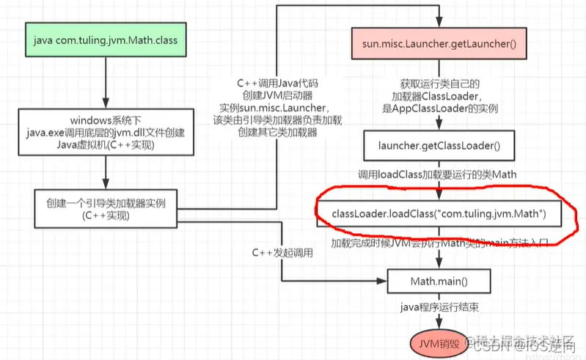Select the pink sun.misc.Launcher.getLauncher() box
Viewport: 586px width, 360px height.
pos(439,45)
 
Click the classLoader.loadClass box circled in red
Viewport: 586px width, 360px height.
pos(439,213)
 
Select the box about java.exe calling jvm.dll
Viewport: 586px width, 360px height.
pos(106,131)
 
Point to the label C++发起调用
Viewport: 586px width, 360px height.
pos(282,253)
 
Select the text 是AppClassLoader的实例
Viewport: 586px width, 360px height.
pos(439,109)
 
